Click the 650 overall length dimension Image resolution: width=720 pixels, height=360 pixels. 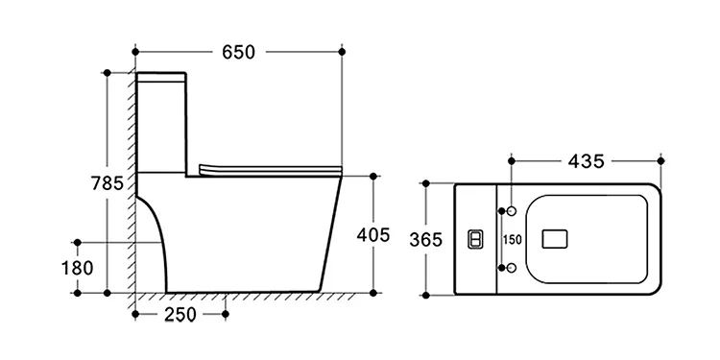coord(238,52)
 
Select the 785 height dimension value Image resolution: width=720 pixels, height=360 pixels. coord(107,183)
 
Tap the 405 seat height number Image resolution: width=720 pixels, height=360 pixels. coord(373,235)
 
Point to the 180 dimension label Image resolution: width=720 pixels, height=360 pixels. coord(77,268)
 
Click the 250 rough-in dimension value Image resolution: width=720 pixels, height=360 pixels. coord(180,315)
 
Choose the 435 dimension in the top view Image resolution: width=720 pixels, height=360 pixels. coord(587,161)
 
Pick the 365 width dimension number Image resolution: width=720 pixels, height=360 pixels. coord(425,239)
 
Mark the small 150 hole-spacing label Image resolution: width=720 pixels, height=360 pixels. coord(512,240)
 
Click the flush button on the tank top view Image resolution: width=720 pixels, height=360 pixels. coord(475,239)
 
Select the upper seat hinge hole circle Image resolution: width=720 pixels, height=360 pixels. coord(512,211)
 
